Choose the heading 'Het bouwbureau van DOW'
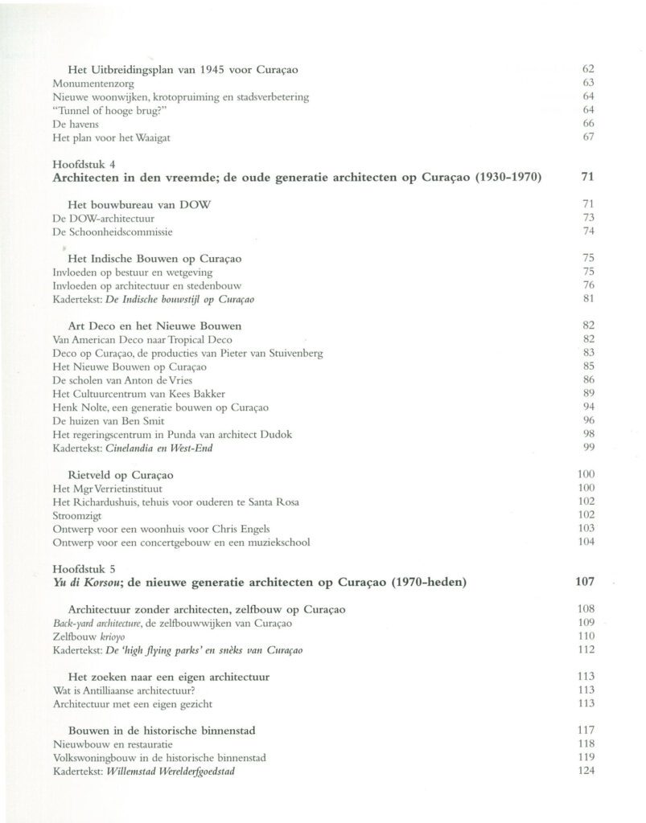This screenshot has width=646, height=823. (139, 204)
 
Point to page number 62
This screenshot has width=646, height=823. (587, 69)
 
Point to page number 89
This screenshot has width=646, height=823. (587, 393)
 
